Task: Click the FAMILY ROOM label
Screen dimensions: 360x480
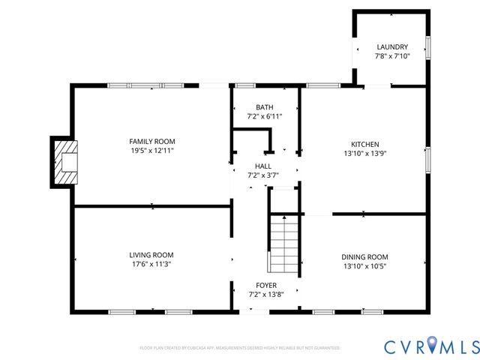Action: (x=151, y=141)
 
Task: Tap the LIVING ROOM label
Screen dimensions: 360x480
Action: (x=151, y=255)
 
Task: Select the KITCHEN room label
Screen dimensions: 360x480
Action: (x=364, y=144)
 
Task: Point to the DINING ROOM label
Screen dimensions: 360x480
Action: (x=364, y=256)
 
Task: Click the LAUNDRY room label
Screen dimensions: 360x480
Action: (x=391, y=47)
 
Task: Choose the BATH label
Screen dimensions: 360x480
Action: (x=264, y=107)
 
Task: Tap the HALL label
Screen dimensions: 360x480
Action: (x=263, y=166)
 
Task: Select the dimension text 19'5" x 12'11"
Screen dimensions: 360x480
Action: (x=151, y=151)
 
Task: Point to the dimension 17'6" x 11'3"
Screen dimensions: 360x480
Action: (x=151, y=264)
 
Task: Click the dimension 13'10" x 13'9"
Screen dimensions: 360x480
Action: (x=364, y=154)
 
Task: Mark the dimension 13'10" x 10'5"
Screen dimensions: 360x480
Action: (x=364, y=266)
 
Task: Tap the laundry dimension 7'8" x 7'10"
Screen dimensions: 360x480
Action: (x=391, y=56)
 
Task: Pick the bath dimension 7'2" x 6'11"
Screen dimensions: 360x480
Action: (x=264, y=117)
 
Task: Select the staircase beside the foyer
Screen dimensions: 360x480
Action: (x=284, y=244)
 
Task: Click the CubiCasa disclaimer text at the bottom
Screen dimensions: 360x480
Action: (x=240, y=348)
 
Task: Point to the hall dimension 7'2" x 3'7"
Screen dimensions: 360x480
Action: (x=263, y=175)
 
